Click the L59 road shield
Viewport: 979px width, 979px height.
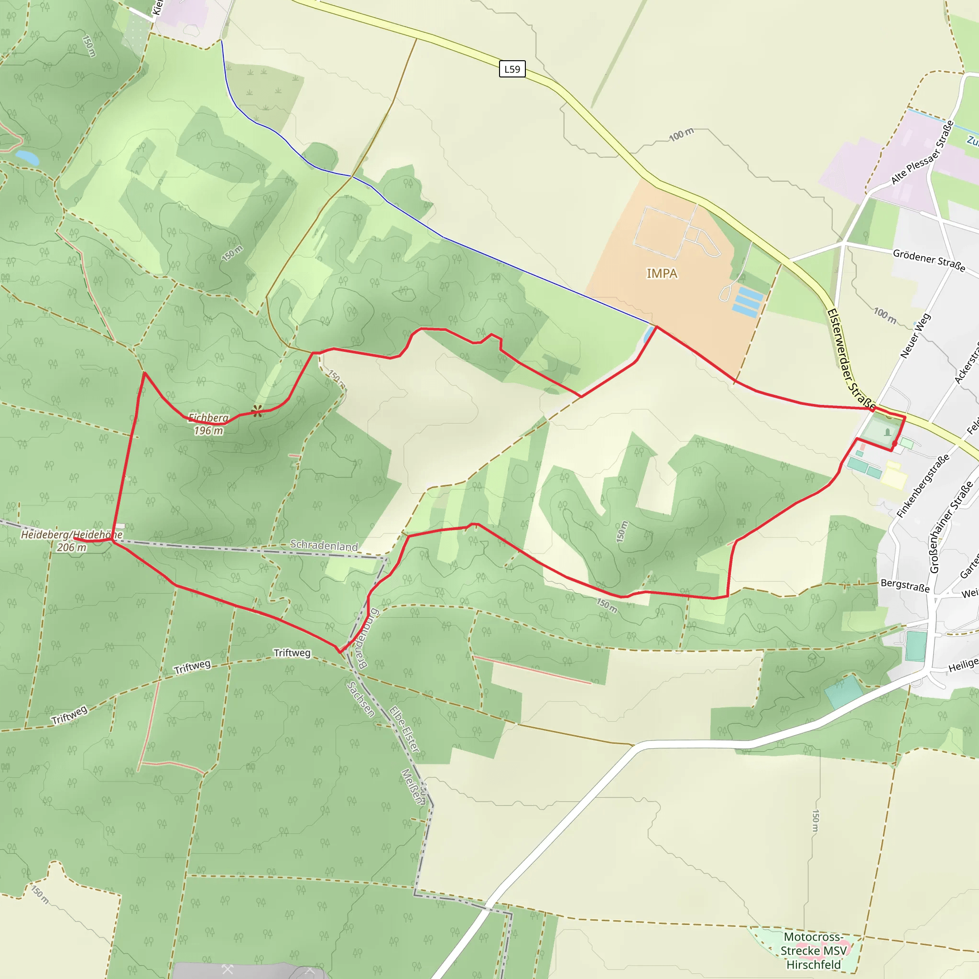pyautogui.click(x=512, y=69)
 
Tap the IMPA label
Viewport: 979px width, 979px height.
pyautogui.click(x=662, y=273)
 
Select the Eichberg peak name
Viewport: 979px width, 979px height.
pyautogui.click(x=208, y=417)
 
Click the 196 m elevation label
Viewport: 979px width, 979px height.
pyautogui.click(x=208, y=431)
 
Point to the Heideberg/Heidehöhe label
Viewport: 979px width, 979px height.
pyautogui.click(x=71, y=534)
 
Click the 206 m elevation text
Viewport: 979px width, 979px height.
pyautogui.click(x=71, y=547)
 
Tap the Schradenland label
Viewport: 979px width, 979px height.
pyautogui.click(x=324, y=545)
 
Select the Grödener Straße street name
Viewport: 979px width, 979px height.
pyautogui.click(x=929, y=260)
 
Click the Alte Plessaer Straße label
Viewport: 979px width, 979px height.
pyautogui.click(x=923, y=152)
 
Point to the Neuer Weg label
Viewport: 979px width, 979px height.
pyautogui.click(x=915, y=336)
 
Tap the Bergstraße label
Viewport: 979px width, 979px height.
pyautogui.click(x=905, y=585)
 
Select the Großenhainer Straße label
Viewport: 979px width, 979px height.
pyautogui.click(x=951, y=527)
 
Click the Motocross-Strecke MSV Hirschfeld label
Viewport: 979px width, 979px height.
pyautogui.click(x=813, y=951)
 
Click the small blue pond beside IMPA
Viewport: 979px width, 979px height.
pyautogui.click(x=648, y=335)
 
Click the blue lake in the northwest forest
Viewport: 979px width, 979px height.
pyautogui.click(x=27, y=158)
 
